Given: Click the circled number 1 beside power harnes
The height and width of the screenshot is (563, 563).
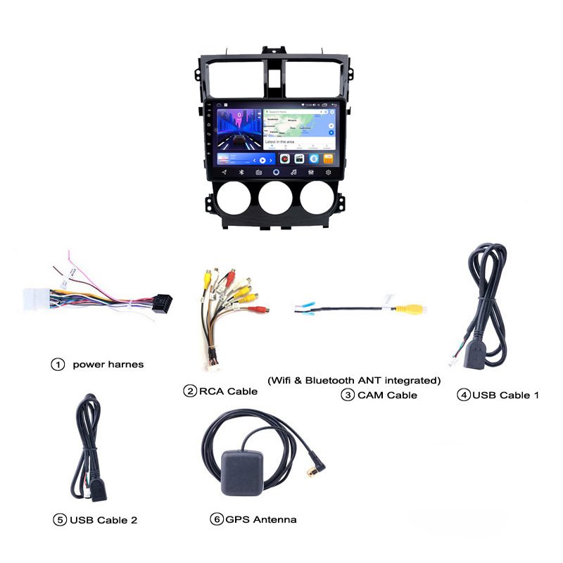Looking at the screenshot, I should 58,365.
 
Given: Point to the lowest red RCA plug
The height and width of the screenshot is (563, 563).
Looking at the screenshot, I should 262,308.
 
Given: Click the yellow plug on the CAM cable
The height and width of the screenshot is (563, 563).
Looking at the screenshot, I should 407,308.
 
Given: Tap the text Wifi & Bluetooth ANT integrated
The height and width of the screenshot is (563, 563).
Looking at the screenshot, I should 354,381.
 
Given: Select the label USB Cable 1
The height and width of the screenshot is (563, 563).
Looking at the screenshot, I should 505,395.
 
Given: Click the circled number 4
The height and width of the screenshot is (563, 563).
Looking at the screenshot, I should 463,395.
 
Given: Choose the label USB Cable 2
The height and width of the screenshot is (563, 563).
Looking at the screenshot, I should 103,520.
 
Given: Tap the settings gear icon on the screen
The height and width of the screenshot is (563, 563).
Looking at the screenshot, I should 328,172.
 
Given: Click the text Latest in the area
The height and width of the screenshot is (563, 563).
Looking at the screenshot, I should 279,142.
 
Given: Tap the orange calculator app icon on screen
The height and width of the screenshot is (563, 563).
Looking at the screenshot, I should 327,159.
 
